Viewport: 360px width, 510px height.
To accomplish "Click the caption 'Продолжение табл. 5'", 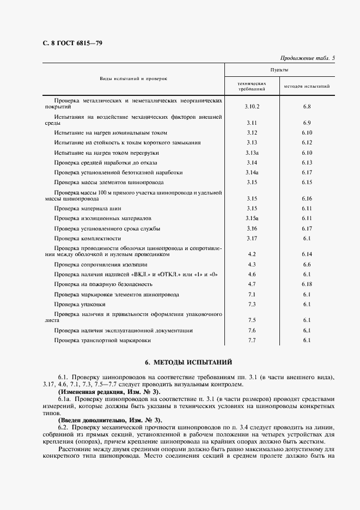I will coord(308,58).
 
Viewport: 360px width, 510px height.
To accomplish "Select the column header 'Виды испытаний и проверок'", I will coord(133,79).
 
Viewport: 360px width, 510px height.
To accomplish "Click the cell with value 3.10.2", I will coord(252,106).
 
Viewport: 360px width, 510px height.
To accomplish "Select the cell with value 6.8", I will coord(307,106).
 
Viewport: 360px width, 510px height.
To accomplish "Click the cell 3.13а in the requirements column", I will coord(252,153).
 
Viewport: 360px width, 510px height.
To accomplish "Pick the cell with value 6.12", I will coord(307,142).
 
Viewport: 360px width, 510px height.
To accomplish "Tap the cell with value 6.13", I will coord(307,162).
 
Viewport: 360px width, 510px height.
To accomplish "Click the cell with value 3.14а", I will coord(252,172).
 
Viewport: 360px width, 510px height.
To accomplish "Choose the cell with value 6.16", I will coord(307,198).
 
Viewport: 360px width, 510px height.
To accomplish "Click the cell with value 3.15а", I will coord(252,218).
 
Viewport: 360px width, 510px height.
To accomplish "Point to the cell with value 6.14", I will coord(307,254).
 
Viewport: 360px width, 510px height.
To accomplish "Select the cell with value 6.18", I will coord(307,284).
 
